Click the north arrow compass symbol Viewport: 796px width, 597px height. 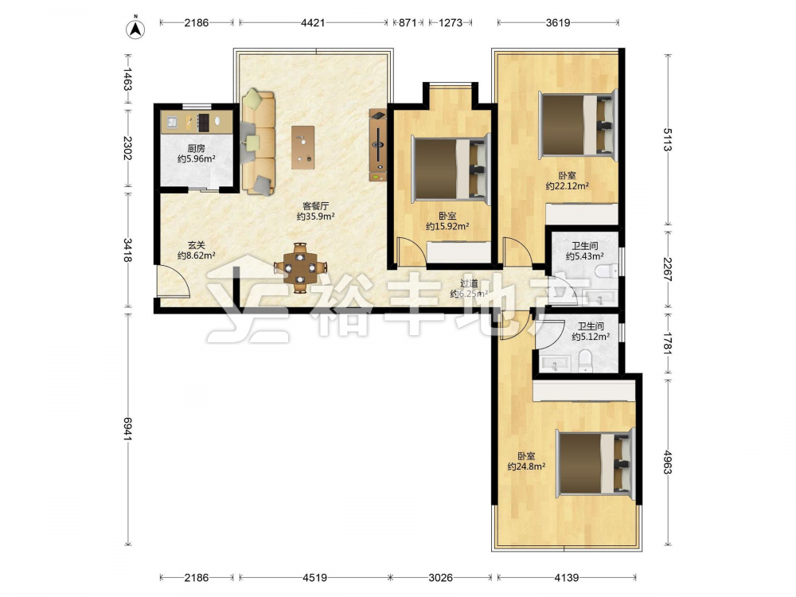135,29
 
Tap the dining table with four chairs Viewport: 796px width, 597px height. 301,267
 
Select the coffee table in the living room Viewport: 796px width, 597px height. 302,147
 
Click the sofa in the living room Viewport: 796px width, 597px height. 258,142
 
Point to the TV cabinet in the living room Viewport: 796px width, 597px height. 377,145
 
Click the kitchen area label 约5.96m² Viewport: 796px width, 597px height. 196,159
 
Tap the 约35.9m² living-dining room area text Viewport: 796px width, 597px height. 315,217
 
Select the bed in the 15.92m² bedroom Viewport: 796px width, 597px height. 451,169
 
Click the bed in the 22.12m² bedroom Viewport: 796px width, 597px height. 578,124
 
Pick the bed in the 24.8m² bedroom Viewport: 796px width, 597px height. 595,463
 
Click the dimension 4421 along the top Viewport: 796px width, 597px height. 313,23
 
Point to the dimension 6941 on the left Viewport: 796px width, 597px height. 127,429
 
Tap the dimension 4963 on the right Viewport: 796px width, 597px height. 668,462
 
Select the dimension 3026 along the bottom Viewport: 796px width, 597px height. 440,578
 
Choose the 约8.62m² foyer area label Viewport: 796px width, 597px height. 196,256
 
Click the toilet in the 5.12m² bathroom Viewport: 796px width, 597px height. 585,361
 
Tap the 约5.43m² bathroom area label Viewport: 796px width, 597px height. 584,257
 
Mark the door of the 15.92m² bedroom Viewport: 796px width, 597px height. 409,252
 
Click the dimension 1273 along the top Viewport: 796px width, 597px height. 451,23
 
